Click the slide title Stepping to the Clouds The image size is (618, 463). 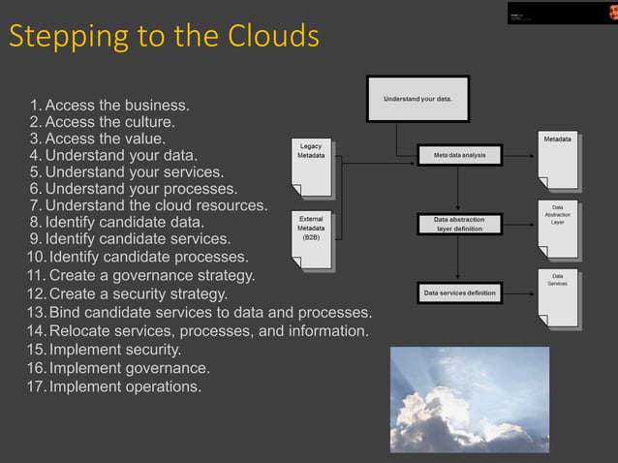pyautogui.click(x=164, y=36)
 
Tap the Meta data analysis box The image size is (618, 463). pyautogui.click(x=459, y=154)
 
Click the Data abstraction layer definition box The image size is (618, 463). pyautogui.click(x=459, y=225)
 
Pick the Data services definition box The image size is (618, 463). pyautogui.click(x=459, y=292)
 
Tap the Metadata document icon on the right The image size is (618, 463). pyautogui.click(x=557, y=160)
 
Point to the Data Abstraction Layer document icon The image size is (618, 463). pyautogui.click(x=557, y=229)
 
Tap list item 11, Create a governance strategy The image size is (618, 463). pyautogui.click(x=141, y=275)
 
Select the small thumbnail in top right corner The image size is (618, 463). pyautogui.click(x=561, y=13)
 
